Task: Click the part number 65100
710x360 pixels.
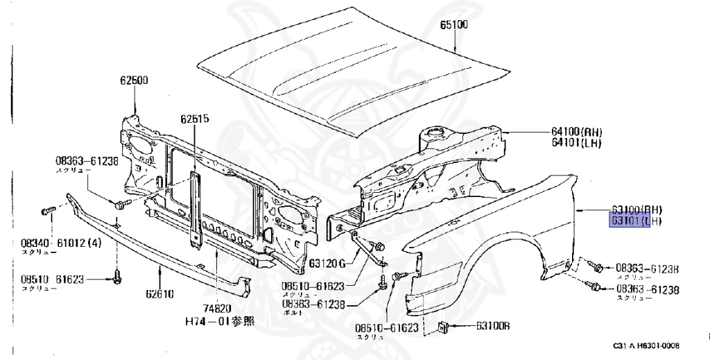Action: tap(454, 26)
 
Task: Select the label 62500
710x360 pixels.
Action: tap(133, 80)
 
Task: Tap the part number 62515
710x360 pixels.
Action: tap(195, 119)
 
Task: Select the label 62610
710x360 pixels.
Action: tap(159, 294)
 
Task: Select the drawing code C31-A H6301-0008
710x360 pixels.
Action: tap(645, 345)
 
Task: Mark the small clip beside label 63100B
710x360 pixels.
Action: tap(443, 327)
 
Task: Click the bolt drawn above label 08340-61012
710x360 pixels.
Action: tap(48, 209)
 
